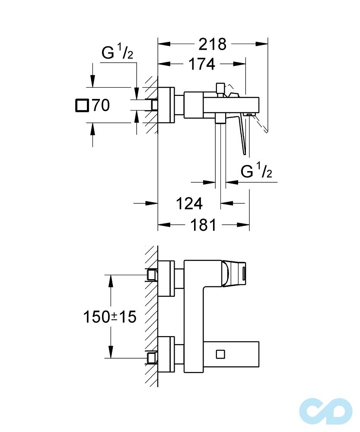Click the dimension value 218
click(x=212, y=44)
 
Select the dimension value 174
click(x=201, y=64)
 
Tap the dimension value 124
click(x=189, y=203)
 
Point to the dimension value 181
click(x=203, y=225)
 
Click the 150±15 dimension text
click(x=110, y=317)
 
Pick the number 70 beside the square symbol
click(x=100, y=105)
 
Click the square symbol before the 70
click(x=81, y=105)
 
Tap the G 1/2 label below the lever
click(x=256, y=172)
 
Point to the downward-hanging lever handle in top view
click(x=243, y=134)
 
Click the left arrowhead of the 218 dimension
click(x=162, y=44)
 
